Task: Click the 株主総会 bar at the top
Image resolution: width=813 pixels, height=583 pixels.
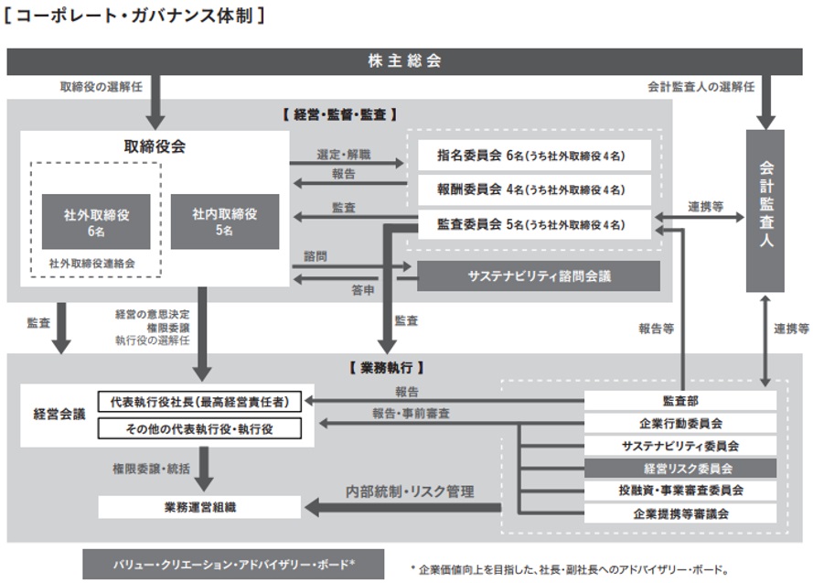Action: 405,61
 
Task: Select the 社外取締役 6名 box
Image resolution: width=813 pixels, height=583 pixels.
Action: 96,222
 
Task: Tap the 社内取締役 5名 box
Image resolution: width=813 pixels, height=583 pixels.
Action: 224,221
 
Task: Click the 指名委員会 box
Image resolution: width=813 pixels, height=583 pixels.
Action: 534,156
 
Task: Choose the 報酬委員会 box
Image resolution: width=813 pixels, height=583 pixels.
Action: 534,189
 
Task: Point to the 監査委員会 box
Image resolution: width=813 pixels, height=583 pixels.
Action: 534,223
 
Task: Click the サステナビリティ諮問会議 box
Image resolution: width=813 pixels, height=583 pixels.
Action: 539,275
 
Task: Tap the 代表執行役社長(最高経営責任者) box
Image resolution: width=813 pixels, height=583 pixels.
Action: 199,401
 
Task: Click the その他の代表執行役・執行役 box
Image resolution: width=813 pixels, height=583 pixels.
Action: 199,427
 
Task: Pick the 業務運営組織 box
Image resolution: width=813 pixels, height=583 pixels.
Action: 199,506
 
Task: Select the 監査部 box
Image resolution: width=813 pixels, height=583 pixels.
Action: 680,400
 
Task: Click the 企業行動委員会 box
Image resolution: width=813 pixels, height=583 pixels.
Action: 680,423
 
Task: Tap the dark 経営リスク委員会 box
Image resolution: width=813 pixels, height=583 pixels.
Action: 680,468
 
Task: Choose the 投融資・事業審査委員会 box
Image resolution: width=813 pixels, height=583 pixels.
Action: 680,491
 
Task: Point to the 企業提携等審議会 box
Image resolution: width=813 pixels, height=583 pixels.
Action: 680,513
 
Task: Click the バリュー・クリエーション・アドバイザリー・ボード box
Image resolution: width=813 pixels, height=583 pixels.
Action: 233,564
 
